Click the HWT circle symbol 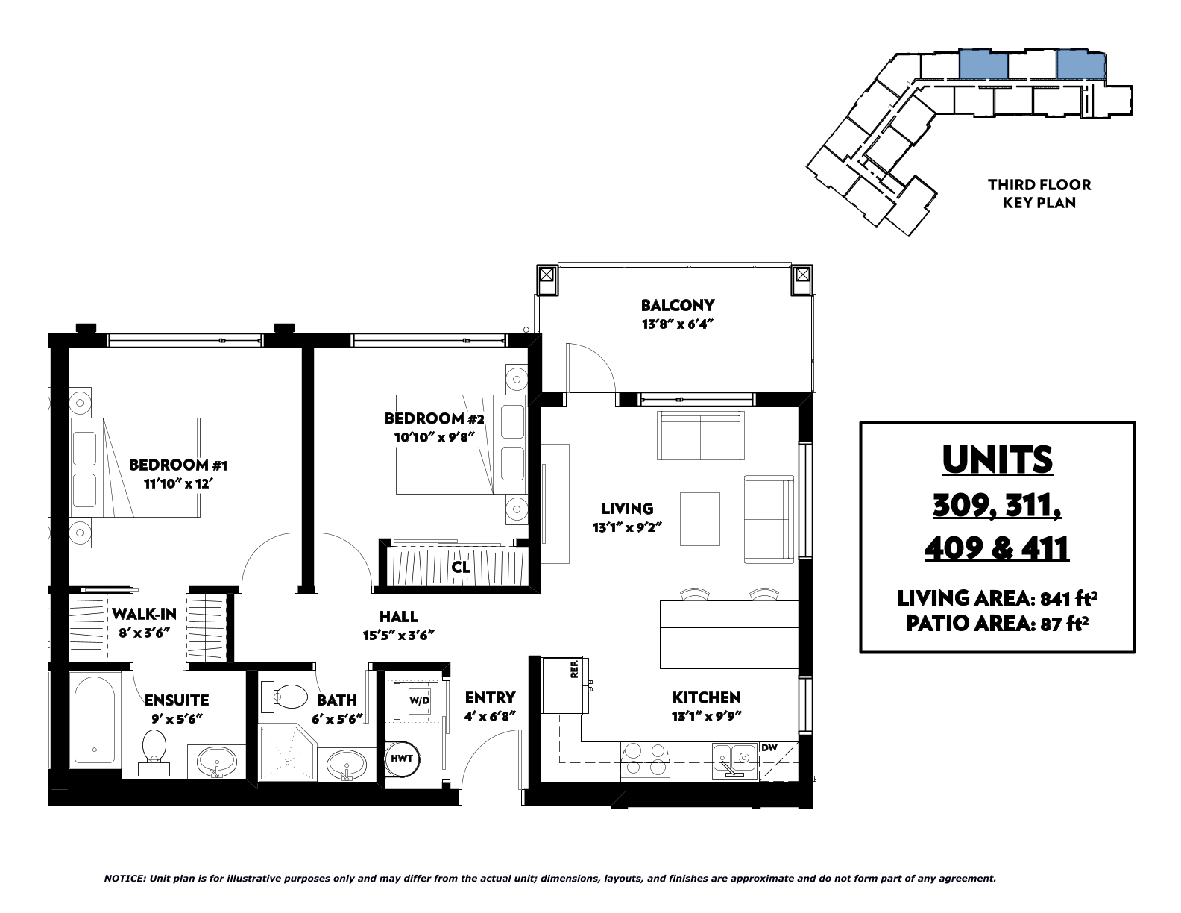point(402,759)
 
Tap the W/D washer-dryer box point(419,700)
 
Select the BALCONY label point(677,305)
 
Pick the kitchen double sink point(734,759)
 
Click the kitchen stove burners point(645,760)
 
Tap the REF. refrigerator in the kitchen point(564,685)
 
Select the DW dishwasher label point(769,747)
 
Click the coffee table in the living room point(700,518)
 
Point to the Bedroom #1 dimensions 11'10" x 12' point(177,484)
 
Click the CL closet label point(461,567)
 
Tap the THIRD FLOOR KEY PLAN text point(1039,194)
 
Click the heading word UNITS point(998,460)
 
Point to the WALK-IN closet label point(144,615)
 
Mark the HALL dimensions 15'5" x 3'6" point(398,635)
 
